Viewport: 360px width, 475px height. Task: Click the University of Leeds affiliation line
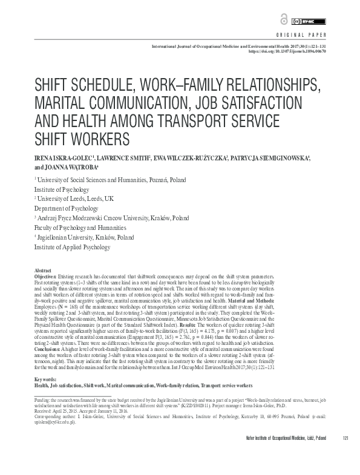pos(72,198)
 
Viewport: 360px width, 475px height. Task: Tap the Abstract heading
pos(44,270)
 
